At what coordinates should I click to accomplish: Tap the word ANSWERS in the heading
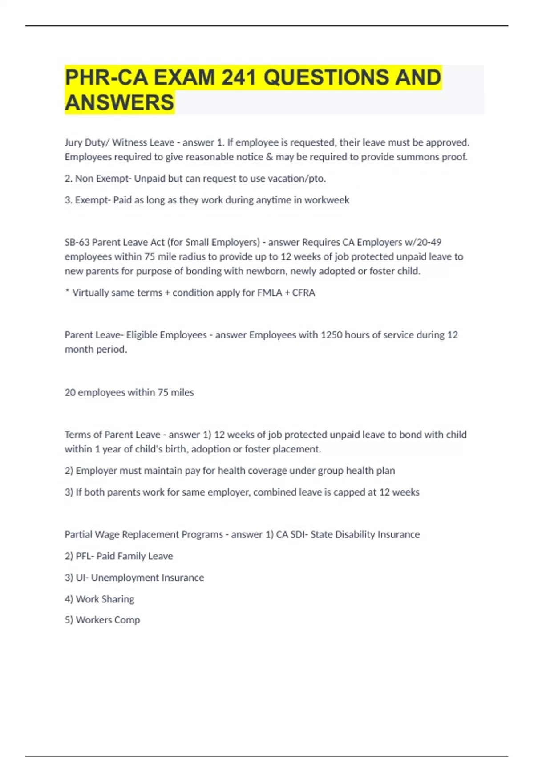click(119, 102)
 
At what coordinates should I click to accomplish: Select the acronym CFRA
click(303, 293)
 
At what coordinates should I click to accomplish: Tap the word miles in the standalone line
click(182, 392)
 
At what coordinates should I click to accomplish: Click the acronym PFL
click(83, 556)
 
